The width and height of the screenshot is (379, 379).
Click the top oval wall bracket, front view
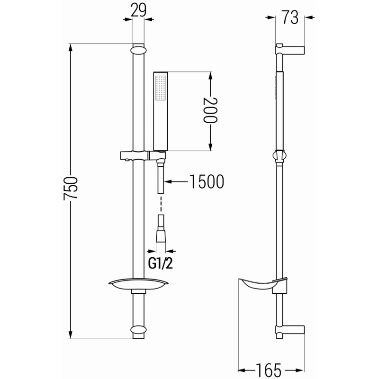coord(138,49)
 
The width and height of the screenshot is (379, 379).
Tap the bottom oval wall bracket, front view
coord(138,330)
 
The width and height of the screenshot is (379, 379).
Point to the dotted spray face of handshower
coord(160,89)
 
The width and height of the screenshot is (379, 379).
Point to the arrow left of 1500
coord(173,181)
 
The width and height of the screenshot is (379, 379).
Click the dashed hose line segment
coord(161,204)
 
